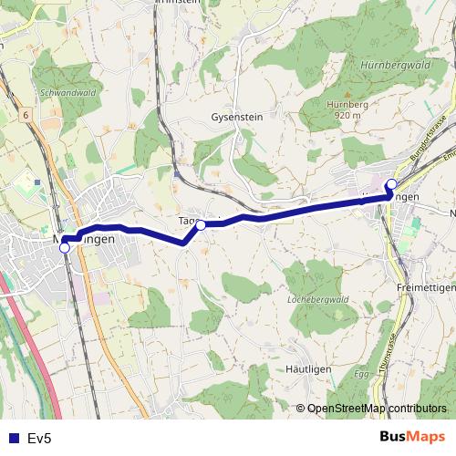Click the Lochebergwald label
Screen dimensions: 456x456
pyautogui.click(x=318, y=299)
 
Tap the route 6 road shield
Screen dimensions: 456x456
pyautogui.click(x=27, y=115)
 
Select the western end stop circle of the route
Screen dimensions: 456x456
pyautogui.click(x=64, y=246)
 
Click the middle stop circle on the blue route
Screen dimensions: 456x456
pyautogui.click(x=202, y=224)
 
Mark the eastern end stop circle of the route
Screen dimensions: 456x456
pyautogui.click(x=391, y=185)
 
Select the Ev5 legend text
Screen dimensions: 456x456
pyautogui.click(x=39, y=439)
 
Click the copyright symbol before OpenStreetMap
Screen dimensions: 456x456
pyautogui.click(x=301, y=409)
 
